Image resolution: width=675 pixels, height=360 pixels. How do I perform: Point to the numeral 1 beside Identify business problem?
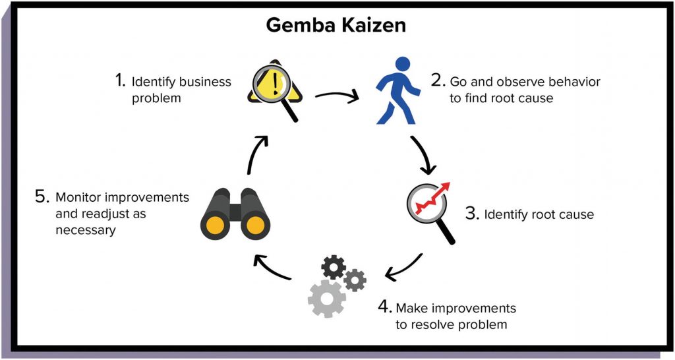coord(119,81)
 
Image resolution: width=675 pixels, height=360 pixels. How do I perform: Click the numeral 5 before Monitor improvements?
coord(41,196)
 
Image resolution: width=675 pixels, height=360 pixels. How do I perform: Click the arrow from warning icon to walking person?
coord(337,98)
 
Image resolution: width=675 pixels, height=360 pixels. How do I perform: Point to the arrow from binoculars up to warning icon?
coord(256,154)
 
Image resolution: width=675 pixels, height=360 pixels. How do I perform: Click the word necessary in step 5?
coord(86,230)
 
